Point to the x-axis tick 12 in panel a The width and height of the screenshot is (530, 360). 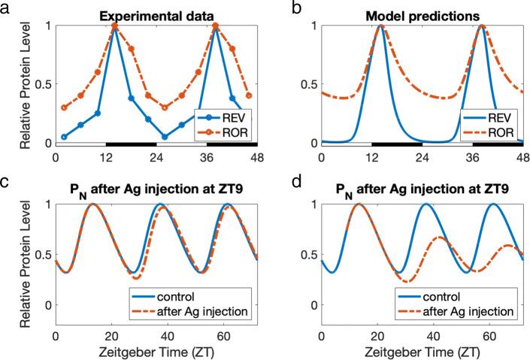pos(105,158)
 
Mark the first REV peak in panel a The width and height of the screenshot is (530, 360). pos(114,26)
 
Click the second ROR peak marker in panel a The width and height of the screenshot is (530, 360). pos(216,26)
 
